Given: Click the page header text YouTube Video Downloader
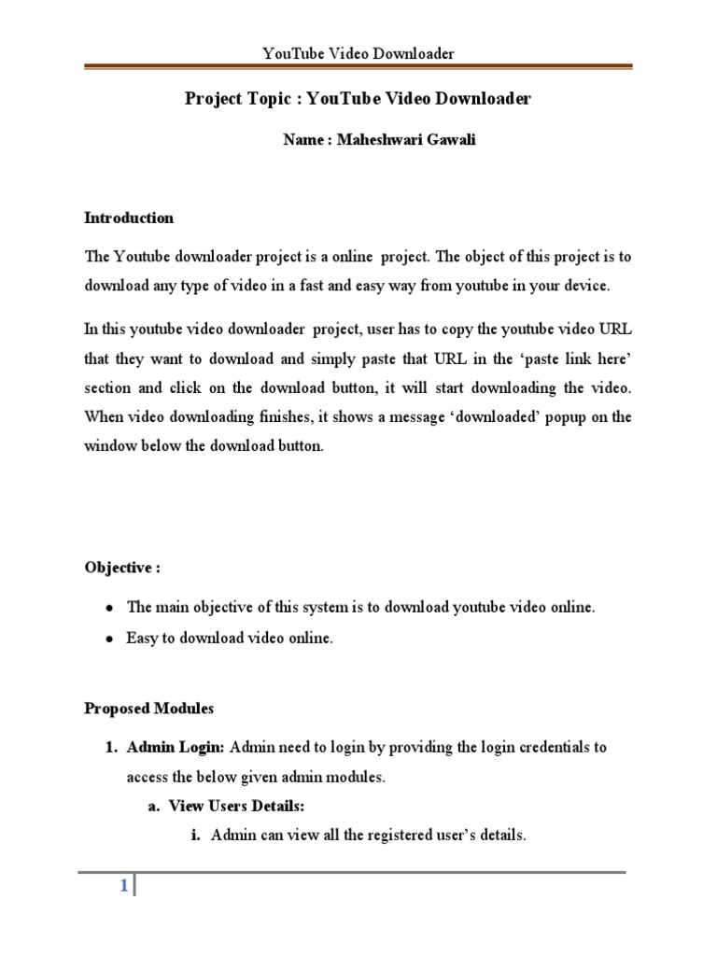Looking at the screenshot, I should (x=358, y=53).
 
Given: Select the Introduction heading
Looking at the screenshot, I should (x=129, y=218).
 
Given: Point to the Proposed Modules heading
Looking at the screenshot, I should (x=148, y=709).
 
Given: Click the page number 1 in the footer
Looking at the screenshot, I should (x=122, y=888).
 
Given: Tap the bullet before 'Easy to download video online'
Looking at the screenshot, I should (x=109, y=640).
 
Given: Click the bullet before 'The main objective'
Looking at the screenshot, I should (x=109, y=608).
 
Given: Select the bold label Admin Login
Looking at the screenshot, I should (x=176, y=747).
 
